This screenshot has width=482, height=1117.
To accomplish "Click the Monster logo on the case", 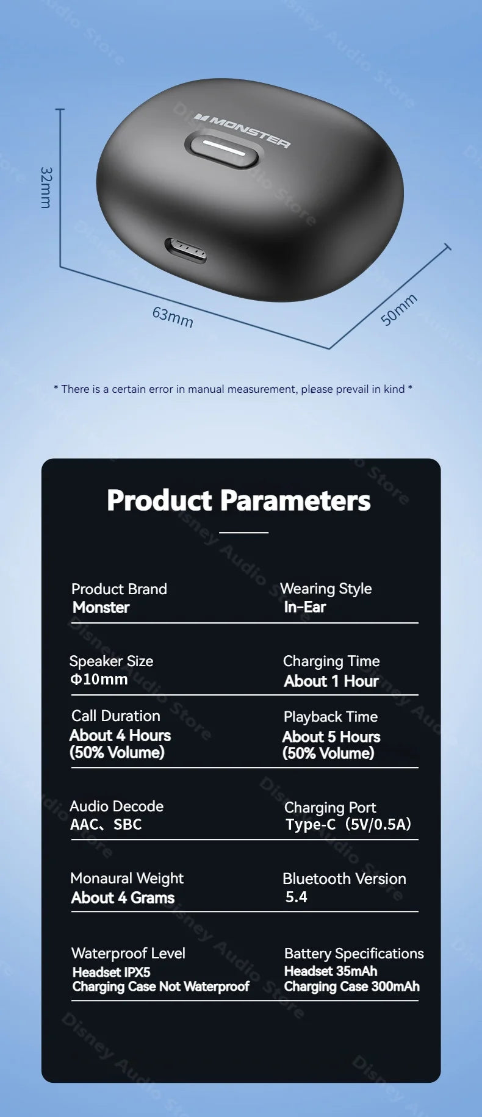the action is click(x=242, y=130).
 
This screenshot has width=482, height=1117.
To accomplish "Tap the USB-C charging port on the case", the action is click(x=185, y=251).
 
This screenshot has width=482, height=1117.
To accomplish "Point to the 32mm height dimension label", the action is click(x=46, y=187).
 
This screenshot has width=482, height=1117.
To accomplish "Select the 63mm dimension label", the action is click(x=173, y=317).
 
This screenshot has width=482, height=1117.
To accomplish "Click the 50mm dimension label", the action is click(x=399, y=309).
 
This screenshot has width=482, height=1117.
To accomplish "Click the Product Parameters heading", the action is click(x=239, y=500).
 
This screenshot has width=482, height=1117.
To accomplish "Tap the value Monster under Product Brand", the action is click(x=101, y=608).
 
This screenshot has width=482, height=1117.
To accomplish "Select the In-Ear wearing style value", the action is click(x=305, y=607).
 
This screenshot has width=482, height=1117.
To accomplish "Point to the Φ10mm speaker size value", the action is click(x=99, y=679).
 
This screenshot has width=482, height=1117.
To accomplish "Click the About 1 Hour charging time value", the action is click(x=331, y=681).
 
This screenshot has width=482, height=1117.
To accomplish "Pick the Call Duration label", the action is click(x=116, y=716).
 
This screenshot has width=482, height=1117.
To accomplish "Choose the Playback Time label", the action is click(x=331, y=717).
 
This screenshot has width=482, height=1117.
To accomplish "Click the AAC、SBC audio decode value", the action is click(x=106, y=824).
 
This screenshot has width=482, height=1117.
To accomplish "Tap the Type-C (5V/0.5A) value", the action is click(x=348, y=824).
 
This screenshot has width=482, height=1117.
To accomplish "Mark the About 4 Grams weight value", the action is click(x=123, y=897).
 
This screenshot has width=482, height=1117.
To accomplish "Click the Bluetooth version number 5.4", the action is click(x=297, y=897).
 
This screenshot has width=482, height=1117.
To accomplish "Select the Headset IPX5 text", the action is click(x=111, y=972).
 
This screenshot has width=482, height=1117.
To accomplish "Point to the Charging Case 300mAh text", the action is click(x=352, y=986).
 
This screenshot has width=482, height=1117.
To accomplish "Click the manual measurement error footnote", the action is click(x=233, y=389).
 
